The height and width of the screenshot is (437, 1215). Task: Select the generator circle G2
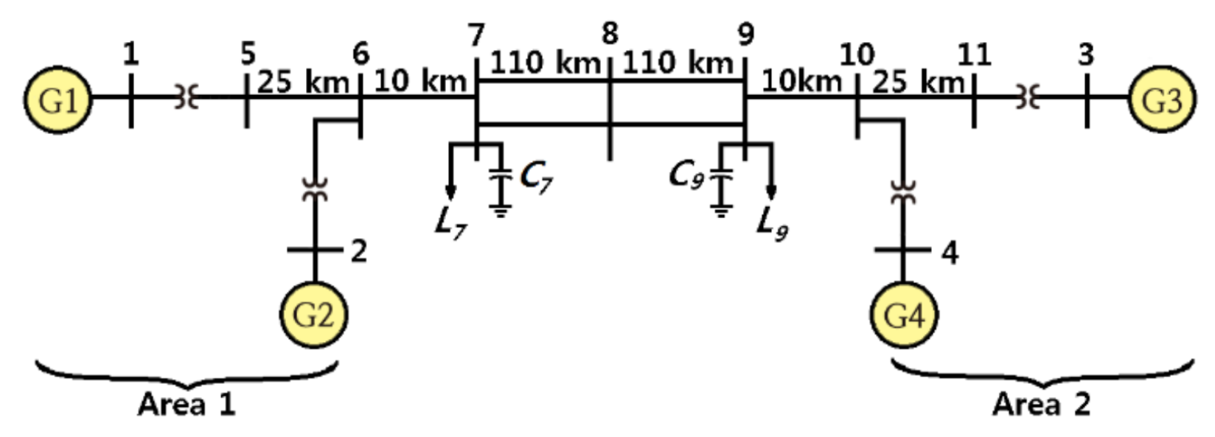point(313,315)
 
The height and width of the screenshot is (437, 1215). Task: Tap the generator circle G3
point(1161,100)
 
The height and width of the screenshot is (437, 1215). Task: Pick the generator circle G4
point(903,315)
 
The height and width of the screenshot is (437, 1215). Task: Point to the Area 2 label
point(1040,405)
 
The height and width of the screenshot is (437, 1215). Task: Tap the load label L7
point(449,222)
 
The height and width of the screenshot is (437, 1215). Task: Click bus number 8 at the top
point(609,34)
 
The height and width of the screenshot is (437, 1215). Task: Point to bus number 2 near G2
point(358,251)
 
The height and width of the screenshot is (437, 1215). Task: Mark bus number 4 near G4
point(950,253)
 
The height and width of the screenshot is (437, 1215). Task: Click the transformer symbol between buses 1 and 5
point(187,97)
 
